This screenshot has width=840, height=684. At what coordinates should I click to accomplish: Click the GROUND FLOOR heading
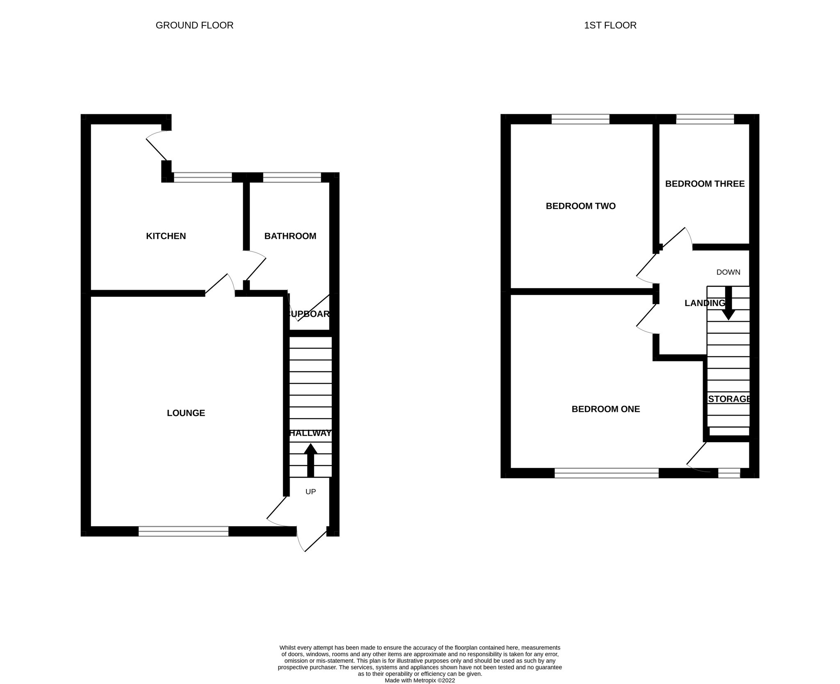click(194, 25)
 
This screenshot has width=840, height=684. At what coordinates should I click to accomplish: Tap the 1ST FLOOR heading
click(610, 25)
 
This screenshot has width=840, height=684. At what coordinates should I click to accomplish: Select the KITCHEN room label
click(166, 236)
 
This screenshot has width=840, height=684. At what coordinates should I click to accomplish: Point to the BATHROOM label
click(290, 236)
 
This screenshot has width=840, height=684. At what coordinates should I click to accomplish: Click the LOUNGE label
click(186, 413)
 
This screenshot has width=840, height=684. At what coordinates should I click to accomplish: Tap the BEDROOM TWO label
click(581, 206)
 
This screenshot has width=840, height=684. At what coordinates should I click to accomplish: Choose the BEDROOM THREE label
click(705, 184)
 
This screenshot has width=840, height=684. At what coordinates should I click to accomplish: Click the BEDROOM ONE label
click(606, 409)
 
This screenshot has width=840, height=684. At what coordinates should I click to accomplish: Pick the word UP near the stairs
click(310, 491)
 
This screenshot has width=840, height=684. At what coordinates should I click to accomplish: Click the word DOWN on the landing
click(728, 272)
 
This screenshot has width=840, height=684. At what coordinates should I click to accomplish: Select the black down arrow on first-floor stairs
click(728, 303)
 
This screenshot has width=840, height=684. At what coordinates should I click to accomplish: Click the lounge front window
click(183, 532)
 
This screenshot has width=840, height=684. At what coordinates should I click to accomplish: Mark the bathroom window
click(292, 177)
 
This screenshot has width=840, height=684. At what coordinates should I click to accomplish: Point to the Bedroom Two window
click(580, 119)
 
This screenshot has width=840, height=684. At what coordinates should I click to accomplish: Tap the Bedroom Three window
click(705, 119)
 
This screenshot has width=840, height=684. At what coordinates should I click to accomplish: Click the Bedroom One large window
click(607, 473)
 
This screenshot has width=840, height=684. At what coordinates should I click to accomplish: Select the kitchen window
click(203, 177)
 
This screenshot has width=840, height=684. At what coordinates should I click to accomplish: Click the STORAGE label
click(729, 399)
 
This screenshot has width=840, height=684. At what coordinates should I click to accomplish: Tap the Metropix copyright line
click(420, 680)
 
